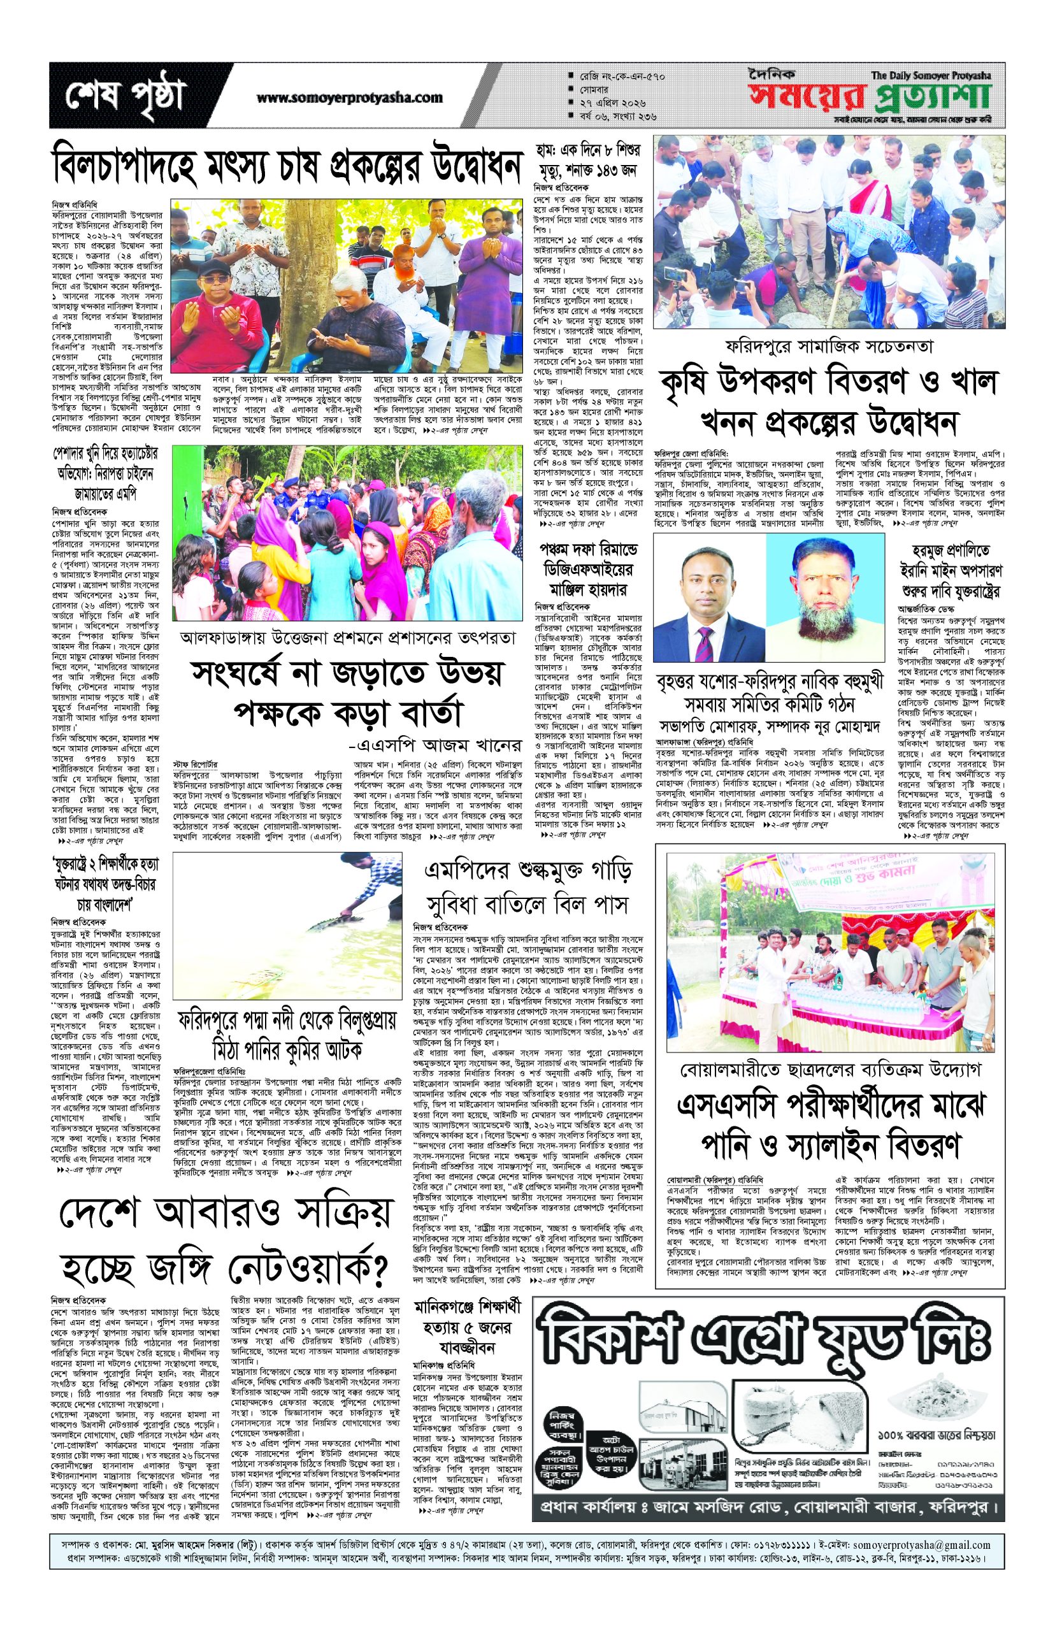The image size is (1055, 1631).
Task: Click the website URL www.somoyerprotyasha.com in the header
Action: (349, 98)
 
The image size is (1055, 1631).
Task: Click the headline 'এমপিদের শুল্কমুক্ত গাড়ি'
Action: (527, 872)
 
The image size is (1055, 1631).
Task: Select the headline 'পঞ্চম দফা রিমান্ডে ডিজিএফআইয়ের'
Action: (586, 560)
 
